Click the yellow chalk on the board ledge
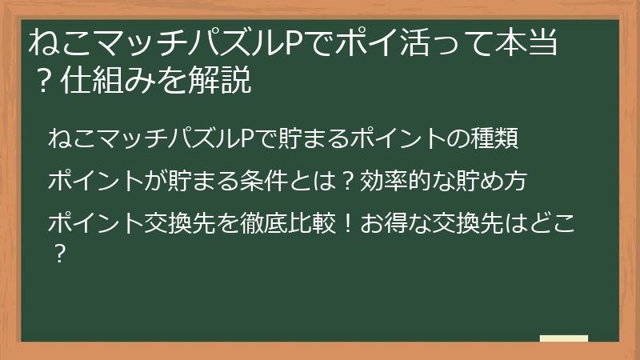563,338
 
